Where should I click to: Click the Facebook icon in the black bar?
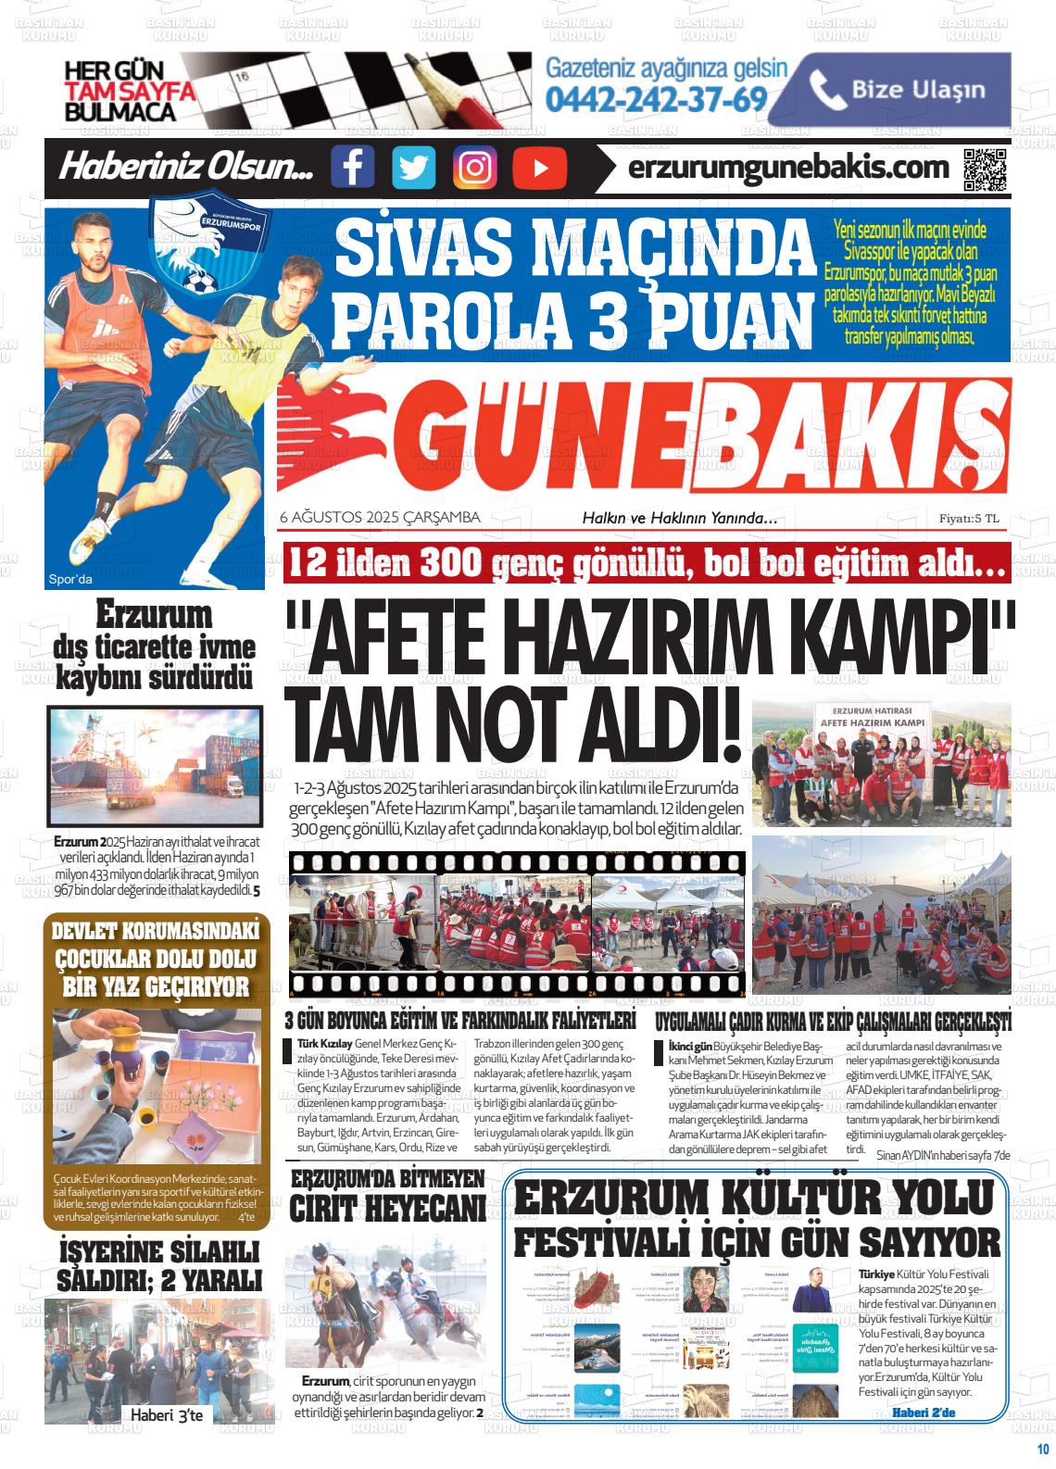pos(352,168)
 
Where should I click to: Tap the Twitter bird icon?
pos(413,168)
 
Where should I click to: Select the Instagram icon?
pos(474,168)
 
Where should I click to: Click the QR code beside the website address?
pos(985,168)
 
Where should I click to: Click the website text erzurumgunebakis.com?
pos(788,168)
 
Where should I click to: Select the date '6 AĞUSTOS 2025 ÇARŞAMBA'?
pos(380,518)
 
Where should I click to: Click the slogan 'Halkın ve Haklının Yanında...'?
pos(679,519)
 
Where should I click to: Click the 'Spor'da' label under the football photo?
pos(70,581)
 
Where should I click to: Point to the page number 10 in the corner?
pos(1041,1450)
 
